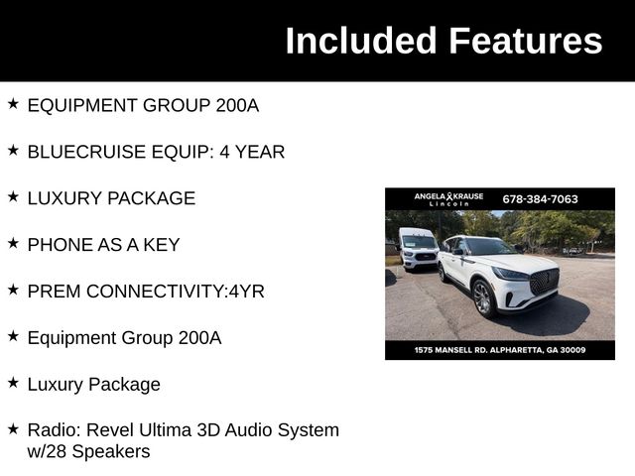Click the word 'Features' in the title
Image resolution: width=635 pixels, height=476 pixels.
click(525, 41)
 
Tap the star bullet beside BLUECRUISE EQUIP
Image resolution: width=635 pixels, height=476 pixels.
click(13, 150)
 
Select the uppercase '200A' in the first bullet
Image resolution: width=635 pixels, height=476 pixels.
click(237, 105)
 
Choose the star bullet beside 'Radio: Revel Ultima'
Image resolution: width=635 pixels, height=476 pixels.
click(13, 428)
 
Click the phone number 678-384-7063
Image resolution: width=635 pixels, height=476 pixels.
click(540, 198)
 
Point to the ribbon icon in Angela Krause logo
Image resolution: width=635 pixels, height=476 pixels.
click(449, 196)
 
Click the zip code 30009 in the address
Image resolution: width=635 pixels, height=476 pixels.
click(571, 350)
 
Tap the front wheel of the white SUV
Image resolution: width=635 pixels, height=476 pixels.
click(482, 297)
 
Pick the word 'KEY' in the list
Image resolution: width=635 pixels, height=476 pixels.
click(161, 245)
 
